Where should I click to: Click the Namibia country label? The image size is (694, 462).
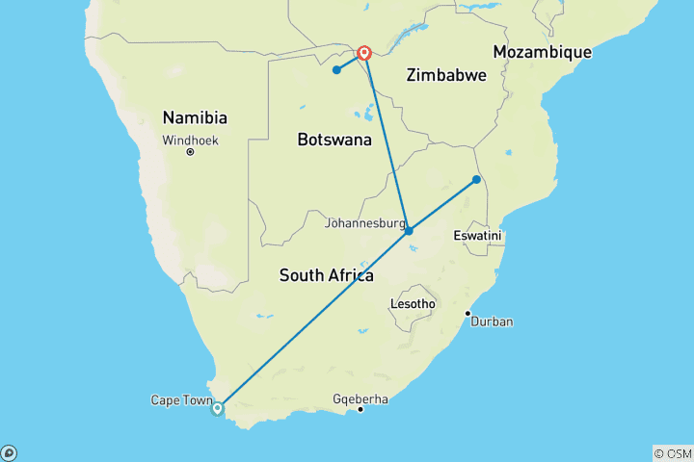tap(195, 117)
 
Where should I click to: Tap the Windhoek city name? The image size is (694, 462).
tap(191, 140)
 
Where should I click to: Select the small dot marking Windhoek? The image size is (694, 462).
tap(191, 151)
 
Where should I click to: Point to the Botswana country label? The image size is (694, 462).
tap(334, 140)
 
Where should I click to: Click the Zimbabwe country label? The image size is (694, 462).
tap(446, 74)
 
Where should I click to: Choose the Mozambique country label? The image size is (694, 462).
tap(542, 51)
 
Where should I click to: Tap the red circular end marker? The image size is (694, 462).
tap(365, 53)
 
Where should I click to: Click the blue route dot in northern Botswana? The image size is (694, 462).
tap(336, 69)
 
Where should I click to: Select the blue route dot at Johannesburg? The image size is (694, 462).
tap(409, 231)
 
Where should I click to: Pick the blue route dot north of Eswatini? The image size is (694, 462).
tap(476, 179)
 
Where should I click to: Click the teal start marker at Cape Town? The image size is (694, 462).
tap(218, 408)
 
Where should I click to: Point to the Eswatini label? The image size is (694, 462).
tap(479, 236)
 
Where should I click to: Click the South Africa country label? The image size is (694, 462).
tap(326, 275)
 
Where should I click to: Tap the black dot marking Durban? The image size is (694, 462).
tap(467, 313)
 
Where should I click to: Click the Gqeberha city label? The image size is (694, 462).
tap(360, 398)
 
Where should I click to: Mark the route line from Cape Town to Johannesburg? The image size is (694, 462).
tap(313, 320)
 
